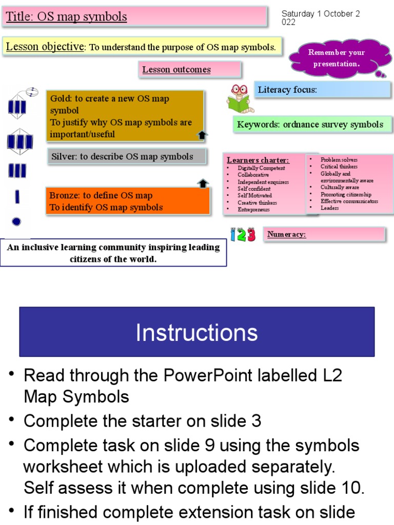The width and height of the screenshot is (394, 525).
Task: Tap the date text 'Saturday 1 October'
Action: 321,14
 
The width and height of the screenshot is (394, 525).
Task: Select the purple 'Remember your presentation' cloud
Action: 337,58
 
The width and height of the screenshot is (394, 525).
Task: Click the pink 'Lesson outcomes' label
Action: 189,70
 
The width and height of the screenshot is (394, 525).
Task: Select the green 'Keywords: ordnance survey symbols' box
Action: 312,125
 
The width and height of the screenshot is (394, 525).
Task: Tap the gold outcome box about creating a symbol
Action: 125,116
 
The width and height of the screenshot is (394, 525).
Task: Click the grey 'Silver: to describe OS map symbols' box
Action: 128,156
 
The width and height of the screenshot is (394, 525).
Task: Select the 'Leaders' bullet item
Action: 329,208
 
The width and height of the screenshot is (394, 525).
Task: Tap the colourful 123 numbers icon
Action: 243,235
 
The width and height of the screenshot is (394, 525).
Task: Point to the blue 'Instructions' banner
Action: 197,332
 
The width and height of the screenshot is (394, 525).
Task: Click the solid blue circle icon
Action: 16,221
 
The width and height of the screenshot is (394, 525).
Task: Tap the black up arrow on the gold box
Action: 202,135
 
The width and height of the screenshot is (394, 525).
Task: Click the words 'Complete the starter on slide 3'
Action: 142,421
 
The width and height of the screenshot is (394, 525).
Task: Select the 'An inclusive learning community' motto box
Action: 113,253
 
